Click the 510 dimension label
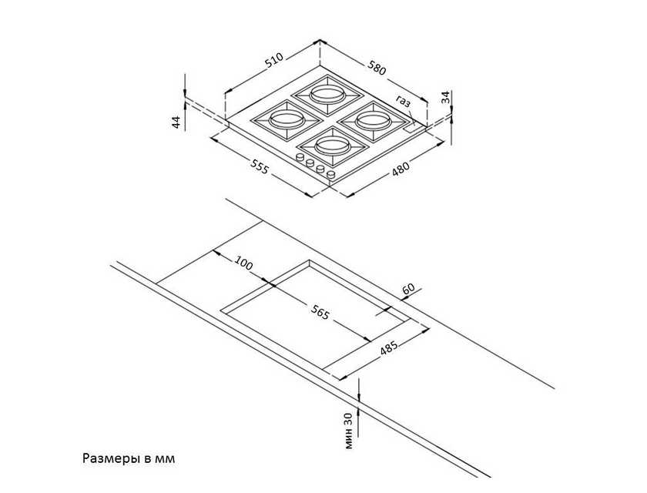point(274,60)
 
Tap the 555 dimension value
point(260,166)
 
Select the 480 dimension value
point(401,169)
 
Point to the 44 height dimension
point(176,122)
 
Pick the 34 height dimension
point(445,97)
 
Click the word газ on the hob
point(404,101)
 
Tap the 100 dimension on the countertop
point(243,263)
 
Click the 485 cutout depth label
point(389,347)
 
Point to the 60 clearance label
point(408,289)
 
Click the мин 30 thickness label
point(349,431)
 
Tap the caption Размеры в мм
point(129,458)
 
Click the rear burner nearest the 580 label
point(327,95)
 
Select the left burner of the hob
point(286,121)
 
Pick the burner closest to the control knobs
point(333,146)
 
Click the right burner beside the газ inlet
point(374,121)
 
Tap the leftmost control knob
point(299,158)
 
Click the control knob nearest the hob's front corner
point(330,175)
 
